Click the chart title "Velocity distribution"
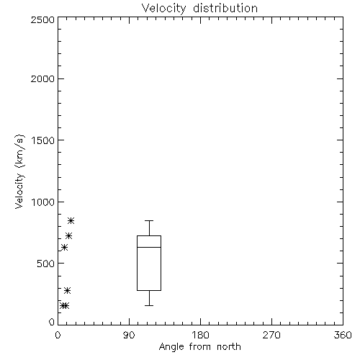(199, 9)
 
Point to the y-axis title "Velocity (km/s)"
(19, 171)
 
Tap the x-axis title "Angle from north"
(199, 347)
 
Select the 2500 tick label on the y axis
(42, 19)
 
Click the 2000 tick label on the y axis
(42, 79)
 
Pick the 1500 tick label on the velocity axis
(43, 140)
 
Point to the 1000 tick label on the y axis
(43, 202)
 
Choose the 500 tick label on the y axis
(46, 264)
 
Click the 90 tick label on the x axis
(129, 336)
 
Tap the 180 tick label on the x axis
(200, 336)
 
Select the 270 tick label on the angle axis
(271, 336)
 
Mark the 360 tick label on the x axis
(343, 336)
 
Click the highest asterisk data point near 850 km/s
(71, 220)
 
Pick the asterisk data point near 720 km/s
(68, 235)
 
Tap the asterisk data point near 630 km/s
(64, 247)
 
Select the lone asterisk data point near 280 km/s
(67, 291)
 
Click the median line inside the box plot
(149, 247)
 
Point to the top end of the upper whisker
(149, 220)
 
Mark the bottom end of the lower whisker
(149, 305)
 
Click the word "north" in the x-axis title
(229, 347)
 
